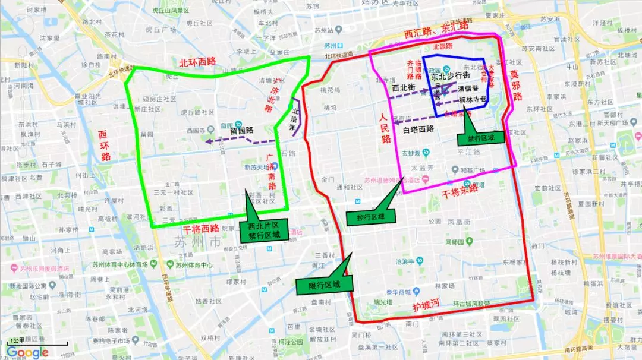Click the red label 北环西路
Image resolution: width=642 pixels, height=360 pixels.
(x=199, y=62)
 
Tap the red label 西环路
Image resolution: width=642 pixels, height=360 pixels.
(x=105, y=146)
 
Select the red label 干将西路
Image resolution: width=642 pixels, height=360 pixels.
(x=201, y=229)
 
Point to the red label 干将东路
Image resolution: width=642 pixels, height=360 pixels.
(x=460, y=191)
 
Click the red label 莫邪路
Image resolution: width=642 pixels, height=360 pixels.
(x=515, y=84)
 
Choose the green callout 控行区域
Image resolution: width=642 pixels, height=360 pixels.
(x=370, y=216)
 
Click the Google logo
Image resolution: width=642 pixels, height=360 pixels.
(x=27, y=352)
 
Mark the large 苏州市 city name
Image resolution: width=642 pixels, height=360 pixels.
(x=197, y=242)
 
